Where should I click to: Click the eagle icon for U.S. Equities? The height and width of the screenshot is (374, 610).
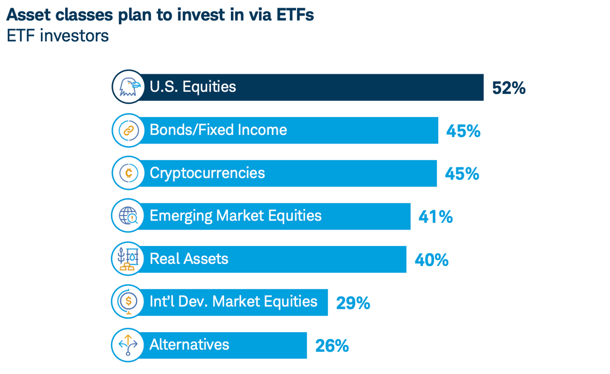point(128,87)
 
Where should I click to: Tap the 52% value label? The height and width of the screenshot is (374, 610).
point(508,88)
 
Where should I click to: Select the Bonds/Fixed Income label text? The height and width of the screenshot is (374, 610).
point(218,130)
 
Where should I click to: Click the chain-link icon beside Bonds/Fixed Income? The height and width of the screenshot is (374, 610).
point(128,130)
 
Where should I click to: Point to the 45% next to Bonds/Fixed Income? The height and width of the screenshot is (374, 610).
point(463,131)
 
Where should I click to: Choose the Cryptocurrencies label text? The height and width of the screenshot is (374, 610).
point(207,173)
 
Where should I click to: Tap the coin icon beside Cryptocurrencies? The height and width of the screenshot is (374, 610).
point(128,173)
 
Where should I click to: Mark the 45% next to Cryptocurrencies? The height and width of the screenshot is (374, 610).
point(462,174)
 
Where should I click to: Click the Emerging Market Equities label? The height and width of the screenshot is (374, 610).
point(235,216)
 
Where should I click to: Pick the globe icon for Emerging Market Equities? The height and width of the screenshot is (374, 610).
point(128,216)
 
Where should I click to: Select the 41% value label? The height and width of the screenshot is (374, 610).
point(436,217)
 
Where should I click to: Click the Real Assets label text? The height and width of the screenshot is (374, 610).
point(189,259)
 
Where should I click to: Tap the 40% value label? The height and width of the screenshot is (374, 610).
point(431,260)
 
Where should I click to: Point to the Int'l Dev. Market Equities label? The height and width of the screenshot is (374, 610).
point(233,301)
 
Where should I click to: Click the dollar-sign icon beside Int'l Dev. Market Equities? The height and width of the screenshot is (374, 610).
point(128,301)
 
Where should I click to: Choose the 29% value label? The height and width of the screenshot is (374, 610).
point(353,303)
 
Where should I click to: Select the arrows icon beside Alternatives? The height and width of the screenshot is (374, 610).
point(128,344)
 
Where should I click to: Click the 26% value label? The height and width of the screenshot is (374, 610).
point(332,346)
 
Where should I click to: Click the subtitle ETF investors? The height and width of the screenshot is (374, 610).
point(57,36)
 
